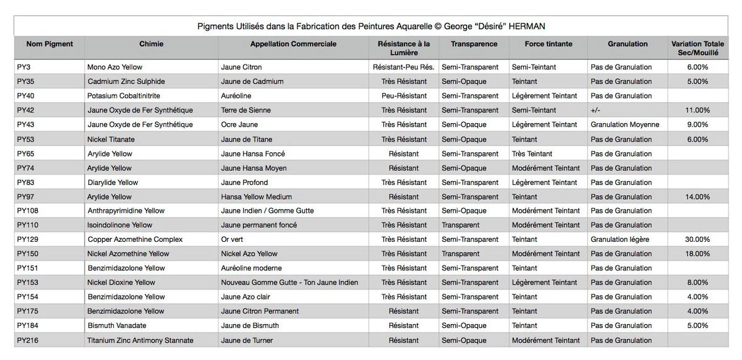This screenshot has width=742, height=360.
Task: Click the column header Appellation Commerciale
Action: (x=293, y=44)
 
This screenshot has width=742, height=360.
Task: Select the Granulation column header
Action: (x=628, y=44)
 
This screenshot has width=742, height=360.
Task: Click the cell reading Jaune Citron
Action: (x=241, y=67)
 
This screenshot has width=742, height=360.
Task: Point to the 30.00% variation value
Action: (x=697, y=239)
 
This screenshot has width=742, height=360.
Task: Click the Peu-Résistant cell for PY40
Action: (x=404, y=96)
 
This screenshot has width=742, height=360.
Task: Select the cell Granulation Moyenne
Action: (x=625, y=124)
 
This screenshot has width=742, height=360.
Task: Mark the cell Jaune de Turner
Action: (x=247, y=340)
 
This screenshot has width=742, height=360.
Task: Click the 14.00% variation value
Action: (x=697, y=197)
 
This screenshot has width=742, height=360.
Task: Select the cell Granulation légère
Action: (x=621, y=239)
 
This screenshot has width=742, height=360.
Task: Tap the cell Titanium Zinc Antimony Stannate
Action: (x=140, y=340)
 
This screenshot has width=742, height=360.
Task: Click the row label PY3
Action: (x=24, y=67)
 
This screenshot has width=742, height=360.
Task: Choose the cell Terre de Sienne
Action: (x=245, y=110)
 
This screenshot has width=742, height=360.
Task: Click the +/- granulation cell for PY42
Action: (x=596, y=110)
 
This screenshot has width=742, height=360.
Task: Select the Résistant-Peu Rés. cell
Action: (x=404, y=67)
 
